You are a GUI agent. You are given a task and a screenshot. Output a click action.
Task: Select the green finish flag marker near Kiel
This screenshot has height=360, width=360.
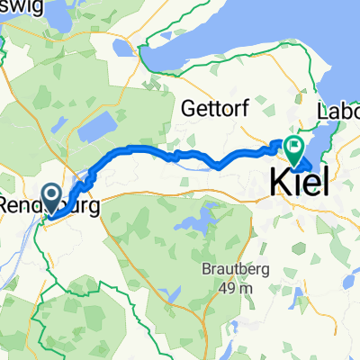coord(292,145)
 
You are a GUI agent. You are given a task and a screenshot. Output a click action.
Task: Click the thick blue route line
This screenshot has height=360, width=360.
coord(144,149)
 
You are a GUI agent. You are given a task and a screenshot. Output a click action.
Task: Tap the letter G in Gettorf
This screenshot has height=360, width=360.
coord(186,109)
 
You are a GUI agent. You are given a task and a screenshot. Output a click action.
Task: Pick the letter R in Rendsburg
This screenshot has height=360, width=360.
coord(4,205)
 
